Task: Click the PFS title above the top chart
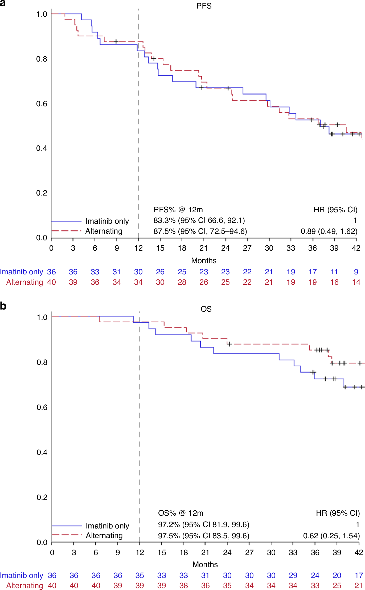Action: click(x=204, y=6)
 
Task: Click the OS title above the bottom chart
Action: click(x=206, y=309)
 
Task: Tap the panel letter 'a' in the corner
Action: click(x=3, y=3)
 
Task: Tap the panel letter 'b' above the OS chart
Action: click(x=3, y=306)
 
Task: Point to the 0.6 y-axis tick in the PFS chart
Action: click(x=42, y=104)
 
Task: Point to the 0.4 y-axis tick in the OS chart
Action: click(x=42, y=452)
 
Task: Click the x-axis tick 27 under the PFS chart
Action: click(x=247, y=248)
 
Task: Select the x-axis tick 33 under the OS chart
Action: click(x=293, y=552)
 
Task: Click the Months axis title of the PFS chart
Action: click(x=204, y=261)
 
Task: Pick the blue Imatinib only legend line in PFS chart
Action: click(x=66, y=221)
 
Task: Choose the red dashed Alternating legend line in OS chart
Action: click(x=67, y=535)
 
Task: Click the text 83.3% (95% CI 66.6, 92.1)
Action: click(x=199, y=221)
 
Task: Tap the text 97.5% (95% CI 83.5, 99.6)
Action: click(x=204, y=536)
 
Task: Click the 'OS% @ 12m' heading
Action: click(x=181, y=513)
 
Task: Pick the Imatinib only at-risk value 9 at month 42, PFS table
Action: click(x=356, y=272)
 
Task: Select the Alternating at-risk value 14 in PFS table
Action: click(x=356, y=282)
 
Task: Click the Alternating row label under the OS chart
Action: click(x=24, y=585)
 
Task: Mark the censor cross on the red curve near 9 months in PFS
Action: click(x=116, y=42)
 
